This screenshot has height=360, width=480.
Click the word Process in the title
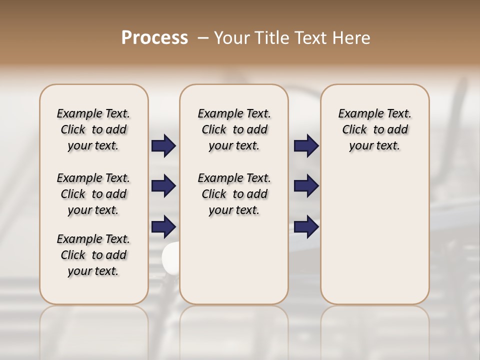click(x=154, y=38)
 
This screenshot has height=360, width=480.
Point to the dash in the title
click(x=203, y=38)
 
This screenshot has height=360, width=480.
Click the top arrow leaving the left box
click(x=163, y=146)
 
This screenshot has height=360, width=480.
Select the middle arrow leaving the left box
click(x=163, y=186)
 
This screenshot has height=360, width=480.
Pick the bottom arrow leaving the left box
click(x=163, y=227)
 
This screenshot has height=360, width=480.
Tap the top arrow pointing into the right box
click(x=306, y=146)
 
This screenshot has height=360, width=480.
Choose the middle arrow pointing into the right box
click(x=306, y=186)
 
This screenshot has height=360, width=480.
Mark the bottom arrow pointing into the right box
click(x=306, y=227)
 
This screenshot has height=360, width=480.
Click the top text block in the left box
click(x=93, y=129)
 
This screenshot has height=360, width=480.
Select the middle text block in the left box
click(x=93, y=194)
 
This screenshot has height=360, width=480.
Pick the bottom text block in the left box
click(x=93, y=255)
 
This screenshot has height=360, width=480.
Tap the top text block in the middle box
click(x=234, y=129)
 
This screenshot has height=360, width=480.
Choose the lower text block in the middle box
click(x=234, y=194)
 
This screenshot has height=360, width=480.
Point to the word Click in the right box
click(x=354, y=130)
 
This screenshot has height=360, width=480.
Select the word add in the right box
click(x=398, y=130)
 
